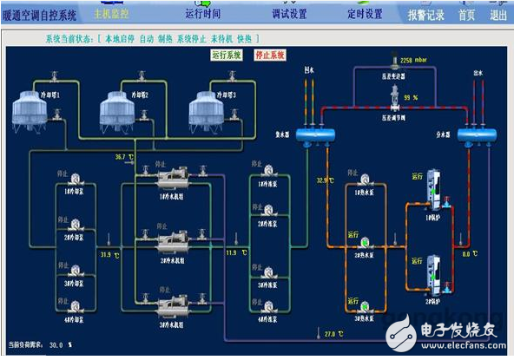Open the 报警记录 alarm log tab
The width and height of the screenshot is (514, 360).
coord(425,15)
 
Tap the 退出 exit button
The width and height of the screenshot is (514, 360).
coord(498,15)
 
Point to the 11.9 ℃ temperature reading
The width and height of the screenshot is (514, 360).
coord(234,252)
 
